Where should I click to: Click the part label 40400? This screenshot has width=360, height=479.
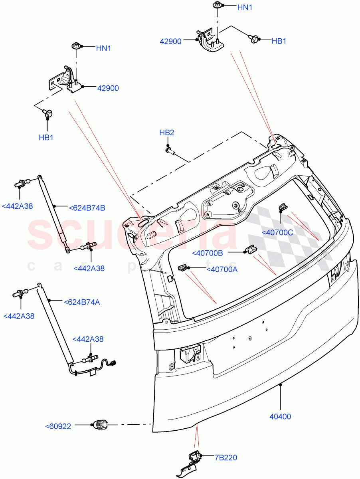(x=280, y=416)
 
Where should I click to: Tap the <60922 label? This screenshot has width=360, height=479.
(x=58, y=426)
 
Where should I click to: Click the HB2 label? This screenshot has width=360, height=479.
(x=167, y=133)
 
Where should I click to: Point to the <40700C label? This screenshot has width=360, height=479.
(x=277, y=232)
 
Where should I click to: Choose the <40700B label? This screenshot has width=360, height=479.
(x=208, y=253)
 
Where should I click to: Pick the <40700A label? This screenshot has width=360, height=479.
(x=222, y=269)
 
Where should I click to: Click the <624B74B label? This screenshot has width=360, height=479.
(x=87, y=208)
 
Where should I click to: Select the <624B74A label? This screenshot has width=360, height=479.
(x=81, y=302)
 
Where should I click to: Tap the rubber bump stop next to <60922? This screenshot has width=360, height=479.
(x=101, y=426)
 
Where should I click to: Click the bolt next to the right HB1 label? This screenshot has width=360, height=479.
(x=253, y=39)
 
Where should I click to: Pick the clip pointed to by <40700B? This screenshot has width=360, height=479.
(x=250, y=250)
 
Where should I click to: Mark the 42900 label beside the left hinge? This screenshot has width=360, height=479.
(x=108, y=88)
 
